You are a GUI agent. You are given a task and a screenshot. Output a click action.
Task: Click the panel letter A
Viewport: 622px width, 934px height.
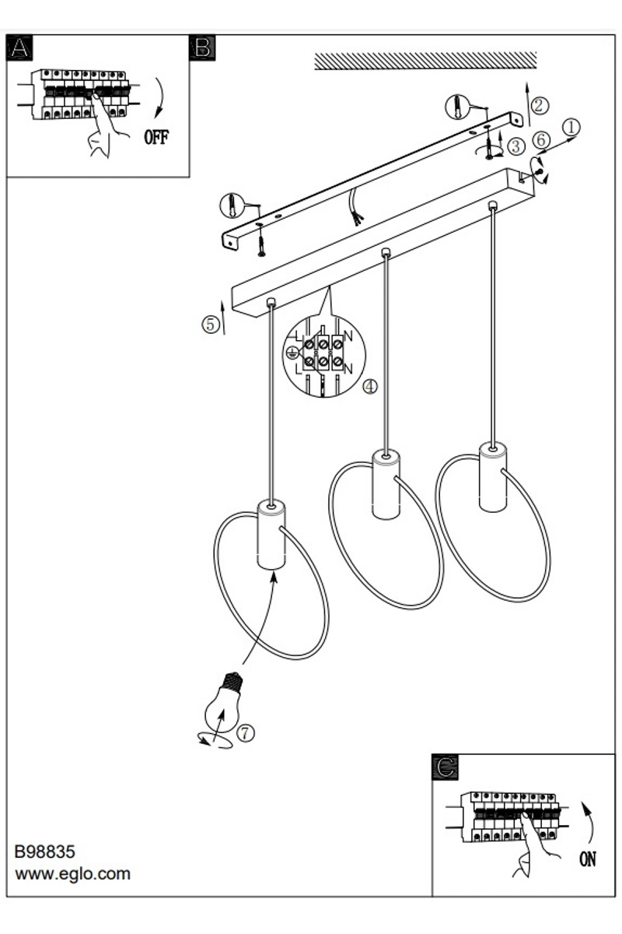19,47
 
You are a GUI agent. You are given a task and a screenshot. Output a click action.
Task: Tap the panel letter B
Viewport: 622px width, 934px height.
202,47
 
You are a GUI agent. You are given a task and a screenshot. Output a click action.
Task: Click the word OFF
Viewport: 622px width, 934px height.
156,137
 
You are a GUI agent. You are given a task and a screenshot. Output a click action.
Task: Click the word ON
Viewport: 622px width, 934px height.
588,859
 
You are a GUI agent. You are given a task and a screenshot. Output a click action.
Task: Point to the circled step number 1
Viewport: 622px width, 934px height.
571,127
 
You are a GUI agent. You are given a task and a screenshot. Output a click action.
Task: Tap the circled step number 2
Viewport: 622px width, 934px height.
539,106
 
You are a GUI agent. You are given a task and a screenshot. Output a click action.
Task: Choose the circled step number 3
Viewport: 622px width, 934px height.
516,146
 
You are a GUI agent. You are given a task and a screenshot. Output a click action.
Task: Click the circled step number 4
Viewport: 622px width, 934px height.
370,387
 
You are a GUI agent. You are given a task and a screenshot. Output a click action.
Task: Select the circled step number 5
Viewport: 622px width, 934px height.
210,325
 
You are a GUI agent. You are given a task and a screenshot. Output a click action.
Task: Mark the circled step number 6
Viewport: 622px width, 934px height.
541,140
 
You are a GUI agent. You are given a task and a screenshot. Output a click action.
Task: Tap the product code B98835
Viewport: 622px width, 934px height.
44,851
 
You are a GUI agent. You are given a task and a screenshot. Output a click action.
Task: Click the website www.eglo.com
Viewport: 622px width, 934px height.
73,873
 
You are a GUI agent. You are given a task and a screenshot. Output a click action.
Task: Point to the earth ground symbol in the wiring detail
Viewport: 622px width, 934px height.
292,353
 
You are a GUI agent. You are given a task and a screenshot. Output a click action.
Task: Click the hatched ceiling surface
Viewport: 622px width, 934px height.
425,61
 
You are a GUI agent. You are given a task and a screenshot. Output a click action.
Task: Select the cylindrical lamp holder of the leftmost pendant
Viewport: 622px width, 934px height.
271,534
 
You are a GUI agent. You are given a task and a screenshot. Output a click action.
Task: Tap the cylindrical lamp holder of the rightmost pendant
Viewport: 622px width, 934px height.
493,477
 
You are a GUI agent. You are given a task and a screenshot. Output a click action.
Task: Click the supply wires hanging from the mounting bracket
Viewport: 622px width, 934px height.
355,206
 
